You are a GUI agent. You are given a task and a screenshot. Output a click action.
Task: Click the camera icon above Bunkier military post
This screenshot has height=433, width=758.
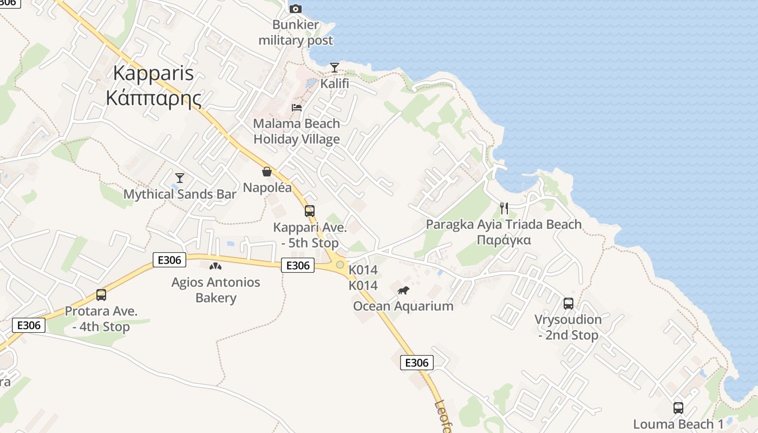(295, 9)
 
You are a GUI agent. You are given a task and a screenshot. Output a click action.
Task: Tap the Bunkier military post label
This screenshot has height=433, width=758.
(296, 32)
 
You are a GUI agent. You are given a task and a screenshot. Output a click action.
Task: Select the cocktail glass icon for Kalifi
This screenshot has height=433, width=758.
(335, 68)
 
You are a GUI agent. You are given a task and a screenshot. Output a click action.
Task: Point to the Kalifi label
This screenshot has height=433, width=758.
(335, 84)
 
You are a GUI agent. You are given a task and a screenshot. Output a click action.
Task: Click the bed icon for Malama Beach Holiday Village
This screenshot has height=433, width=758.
(297, 107)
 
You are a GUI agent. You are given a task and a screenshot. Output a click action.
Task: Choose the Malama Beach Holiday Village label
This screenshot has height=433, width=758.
(297, 131)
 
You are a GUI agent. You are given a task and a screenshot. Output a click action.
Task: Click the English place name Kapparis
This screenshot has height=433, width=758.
(154, 73)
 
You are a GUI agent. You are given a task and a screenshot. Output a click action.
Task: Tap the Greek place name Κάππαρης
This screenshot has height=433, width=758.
(154, 98)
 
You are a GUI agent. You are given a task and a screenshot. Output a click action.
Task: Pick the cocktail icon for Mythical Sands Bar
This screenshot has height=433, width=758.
(180, 178)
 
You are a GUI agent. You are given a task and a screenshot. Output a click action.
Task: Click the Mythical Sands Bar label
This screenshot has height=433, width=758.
(180, 194)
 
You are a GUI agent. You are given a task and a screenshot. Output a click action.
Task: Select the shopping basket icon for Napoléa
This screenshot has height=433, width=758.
(267, 172)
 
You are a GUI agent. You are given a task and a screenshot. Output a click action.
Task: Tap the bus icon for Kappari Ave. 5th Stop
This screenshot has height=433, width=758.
(310, 211)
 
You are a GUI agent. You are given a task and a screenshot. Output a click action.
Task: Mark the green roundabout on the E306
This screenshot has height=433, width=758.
(340, 265)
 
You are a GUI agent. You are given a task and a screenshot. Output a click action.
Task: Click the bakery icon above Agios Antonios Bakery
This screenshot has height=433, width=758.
(215, 266)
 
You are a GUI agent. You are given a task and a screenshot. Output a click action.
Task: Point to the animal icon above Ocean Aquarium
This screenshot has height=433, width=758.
(403, 291)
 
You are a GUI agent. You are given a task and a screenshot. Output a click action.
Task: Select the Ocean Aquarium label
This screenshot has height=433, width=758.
(403, 306)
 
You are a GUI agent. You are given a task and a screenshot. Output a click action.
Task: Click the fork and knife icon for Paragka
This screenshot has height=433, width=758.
(504, 208)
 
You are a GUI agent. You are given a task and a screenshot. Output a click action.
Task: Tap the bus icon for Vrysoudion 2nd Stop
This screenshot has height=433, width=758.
(568, 304)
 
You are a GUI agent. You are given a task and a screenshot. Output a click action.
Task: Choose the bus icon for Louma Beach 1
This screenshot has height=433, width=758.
(678, 408)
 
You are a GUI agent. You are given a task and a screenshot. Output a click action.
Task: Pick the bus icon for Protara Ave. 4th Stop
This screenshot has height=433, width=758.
(101, 295)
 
